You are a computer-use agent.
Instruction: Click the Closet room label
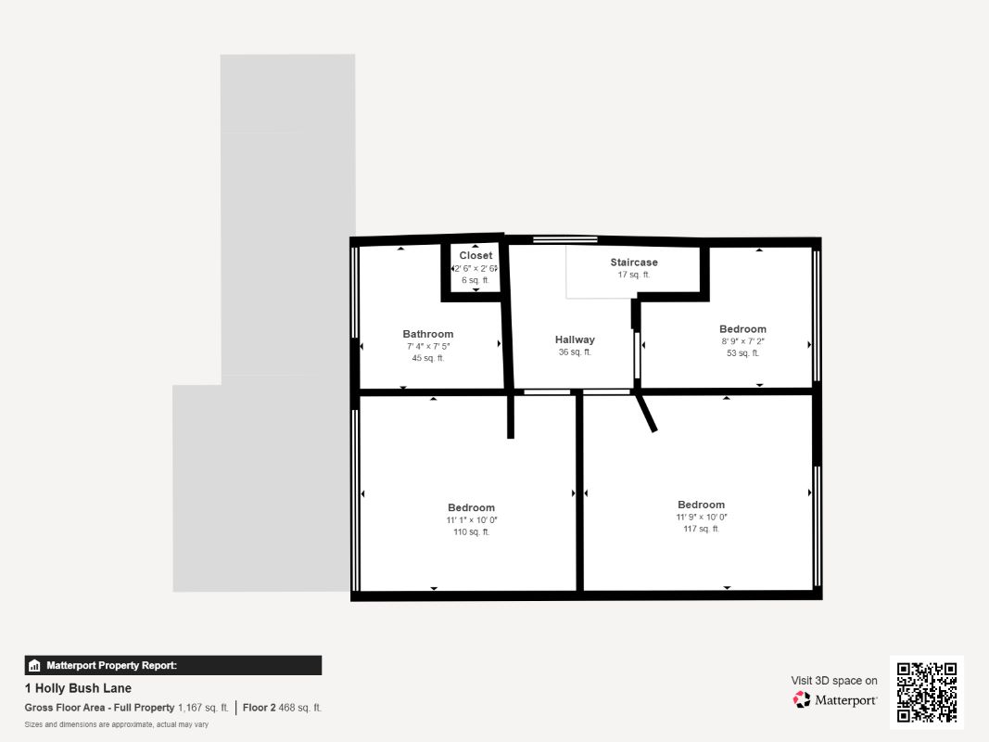point(475,256)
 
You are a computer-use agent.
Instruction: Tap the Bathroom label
point(428,334)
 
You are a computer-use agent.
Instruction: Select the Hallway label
point(575,339)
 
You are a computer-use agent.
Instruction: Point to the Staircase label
point(634,262)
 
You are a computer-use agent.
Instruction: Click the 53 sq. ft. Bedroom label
point(742,329)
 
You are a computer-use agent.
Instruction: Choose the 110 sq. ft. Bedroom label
point(471,507)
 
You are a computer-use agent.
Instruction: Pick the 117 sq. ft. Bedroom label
point(701,505)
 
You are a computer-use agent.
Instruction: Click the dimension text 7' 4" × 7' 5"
point(428,346)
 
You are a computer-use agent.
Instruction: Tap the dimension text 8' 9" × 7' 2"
point(742,341)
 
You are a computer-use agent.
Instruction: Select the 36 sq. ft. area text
point(575,352)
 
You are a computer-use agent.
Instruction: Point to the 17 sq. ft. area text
point(634,275)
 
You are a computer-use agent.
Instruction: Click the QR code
point(927,693)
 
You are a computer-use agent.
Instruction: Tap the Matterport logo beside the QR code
point(835,700)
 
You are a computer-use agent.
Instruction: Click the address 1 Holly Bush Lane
point(78,688)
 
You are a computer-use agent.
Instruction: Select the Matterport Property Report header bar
point(173,665)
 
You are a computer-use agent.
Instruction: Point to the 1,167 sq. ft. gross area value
point(203,708)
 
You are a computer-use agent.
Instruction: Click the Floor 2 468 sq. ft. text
point(282,708)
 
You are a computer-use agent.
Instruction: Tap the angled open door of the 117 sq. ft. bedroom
point(647,412)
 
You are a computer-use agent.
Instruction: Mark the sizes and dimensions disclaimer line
point(116,724)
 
